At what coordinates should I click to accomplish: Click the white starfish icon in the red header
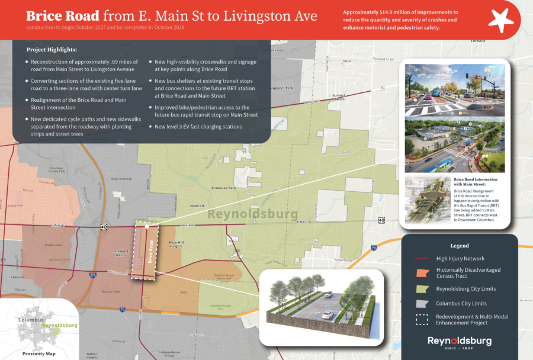pos(500,20)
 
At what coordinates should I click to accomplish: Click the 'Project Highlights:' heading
pos(52,50)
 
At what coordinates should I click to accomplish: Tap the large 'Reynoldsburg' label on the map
pos(253,213)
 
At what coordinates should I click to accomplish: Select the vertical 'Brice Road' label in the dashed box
pos(150,252)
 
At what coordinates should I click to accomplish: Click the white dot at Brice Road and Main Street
pos(147,226)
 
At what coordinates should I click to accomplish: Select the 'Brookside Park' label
pos(223,188)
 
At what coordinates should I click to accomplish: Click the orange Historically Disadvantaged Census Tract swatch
pos(423,273)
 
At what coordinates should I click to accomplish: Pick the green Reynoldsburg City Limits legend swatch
pos(423,288)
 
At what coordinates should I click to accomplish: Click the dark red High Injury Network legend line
pos(422,258)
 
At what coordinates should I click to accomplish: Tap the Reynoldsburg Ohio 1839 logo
pos(459,343)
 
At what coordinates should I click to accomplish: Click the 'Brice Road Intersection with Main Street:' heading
pos(475,182)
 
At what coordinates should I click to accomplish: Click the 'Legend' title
pos(459,246)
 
